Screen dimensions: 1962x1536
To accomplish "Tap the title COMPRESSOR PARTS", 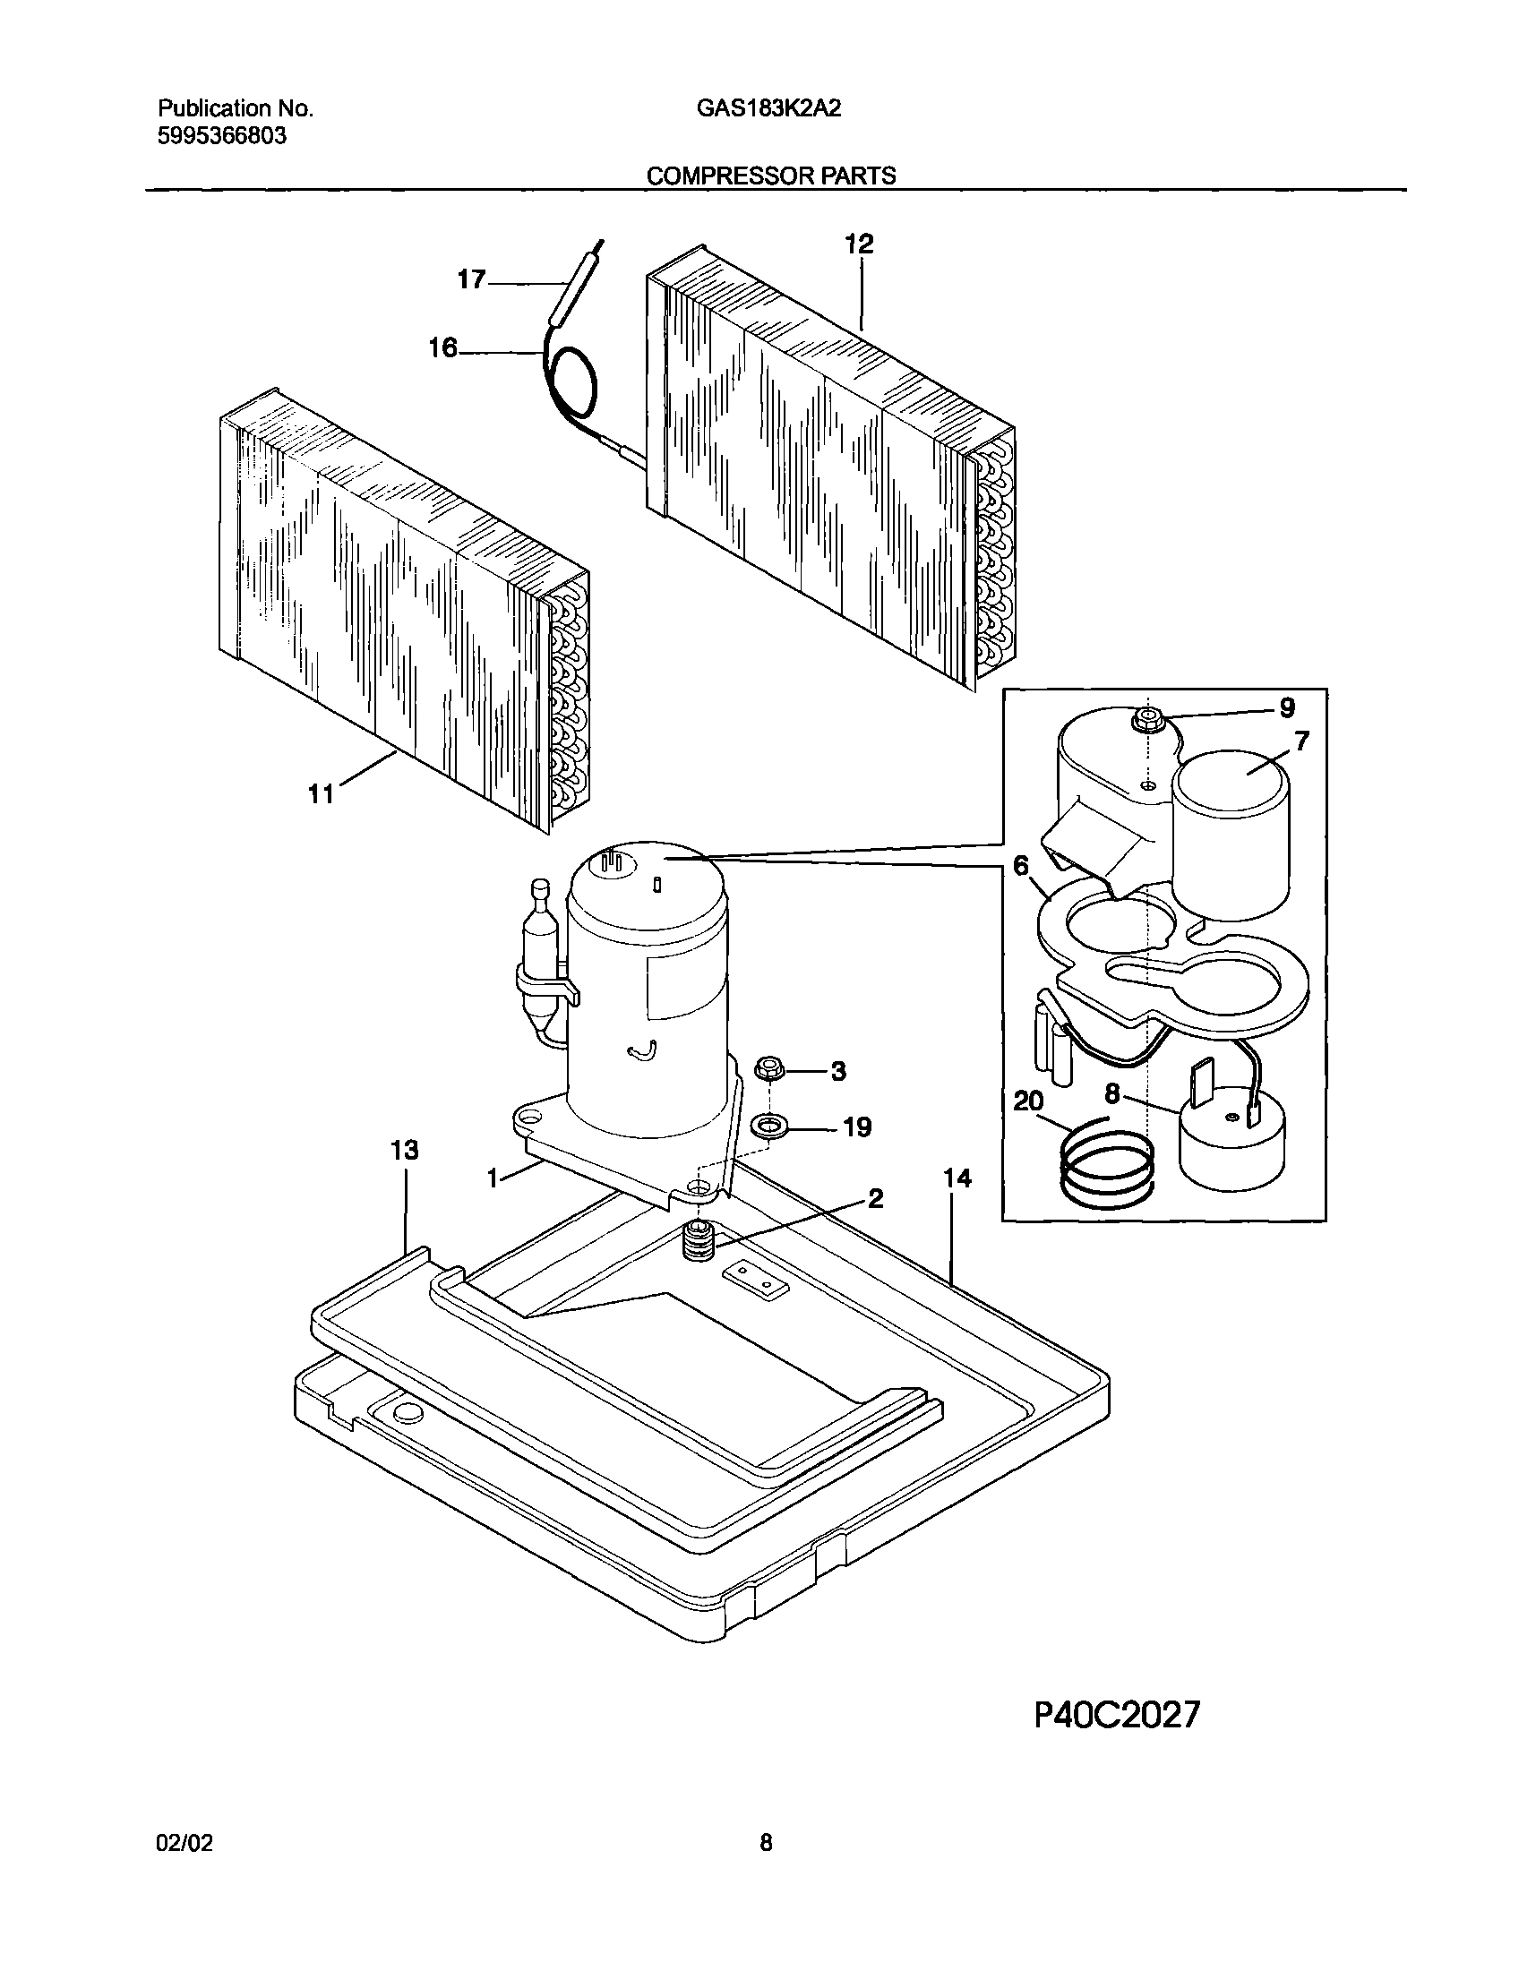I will click(771, 176).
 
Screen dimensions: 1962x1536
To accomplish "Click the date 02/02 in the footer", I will click(184, 1844).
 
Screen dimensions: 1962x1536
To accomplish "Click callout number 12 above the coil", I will click(859, 244).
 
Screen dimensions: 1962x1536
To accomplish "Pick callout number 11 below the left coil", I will click(321, 794).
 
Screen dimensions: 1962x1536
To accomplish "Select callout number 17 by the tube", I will click(471, 280).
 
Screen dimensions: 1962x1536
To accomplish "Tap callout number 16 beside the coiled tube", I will click(442, 348).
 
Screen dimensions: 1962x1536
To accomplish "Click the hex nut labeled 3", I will click(771, 1069).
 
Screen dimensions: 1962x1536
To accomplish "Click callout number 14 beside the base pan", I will click(957, 1178).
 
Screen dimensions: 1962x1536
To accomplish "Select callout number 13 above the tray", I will click(405, 1150).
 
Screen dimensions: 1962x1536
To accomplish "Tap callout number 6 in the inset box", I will click(1020, 866).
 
